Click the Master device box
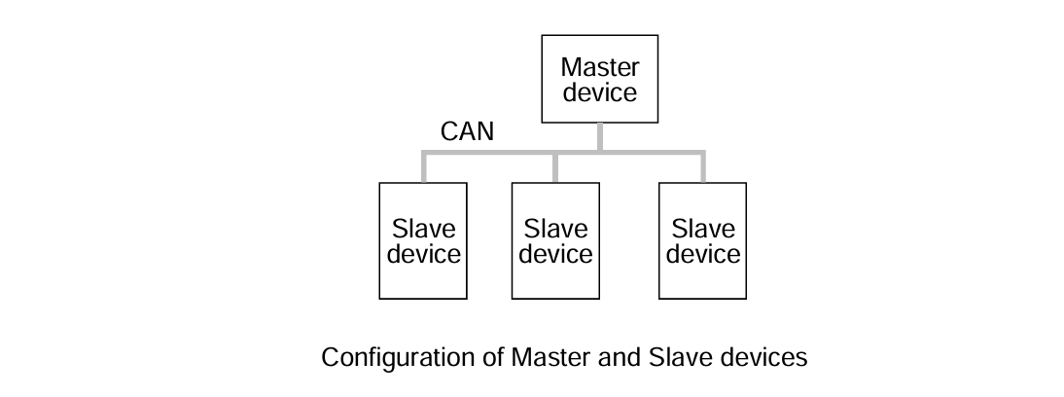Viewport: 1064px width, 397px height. point(599,80)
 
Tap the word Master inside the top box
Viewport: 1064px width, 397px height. point(600,68)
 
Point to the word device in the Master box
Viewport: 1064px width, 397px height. point(600,93)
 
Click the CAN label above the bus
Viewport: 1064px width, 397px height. point(467,132)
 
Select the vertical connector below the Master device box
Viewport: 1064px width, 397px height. point(599,137)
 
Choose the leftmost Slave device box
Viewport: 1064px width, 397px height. point(423,240)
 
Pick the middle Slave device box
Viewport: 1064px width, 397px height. point(555,240)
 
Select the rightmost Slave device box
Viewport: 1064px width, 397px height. point(703,240)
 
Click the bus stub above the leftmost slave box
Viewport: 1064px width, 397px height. point(424,167)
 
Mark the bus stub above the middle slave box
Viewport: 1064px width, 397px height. point(555,167)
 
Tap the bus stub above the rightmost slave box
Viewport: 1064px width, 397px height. point(703,167)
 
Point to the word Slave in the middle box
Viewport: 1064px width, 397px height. point(555,230)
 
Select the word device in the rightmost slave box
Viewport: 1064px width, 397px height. point(703,254)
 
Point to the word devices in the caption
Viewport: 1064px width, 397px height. point(758,358)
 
